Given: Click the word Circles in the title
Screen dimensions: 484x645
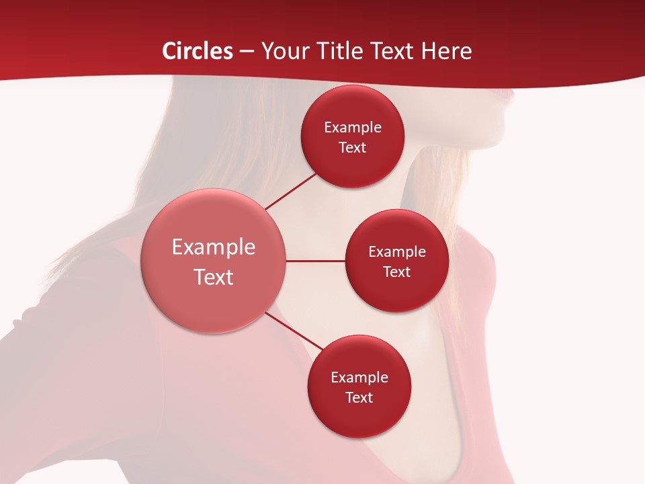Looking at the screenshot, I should (197, 51).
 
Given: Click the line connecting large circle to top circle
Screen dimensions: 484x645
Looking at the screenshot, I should (291, 191).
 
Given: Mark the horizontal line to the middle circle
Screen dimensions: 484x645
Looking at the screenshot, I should (316, 261).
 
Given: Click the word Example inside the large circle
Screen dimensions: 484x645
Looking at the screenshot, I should (214, 247).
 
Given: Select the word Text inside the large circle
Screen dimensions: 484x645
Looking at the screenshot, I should (214, 277).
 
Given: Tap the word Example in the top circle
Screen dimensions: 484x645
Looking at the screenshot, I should (353, 127).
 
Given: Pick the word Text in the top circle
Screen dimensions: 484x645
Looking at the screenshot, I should (353, 147).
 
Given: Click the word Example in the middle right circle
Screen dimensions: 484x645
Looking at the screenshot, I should (396, 251).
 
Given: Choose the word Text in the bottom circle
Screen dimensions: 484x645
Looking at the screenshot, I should (359, 397).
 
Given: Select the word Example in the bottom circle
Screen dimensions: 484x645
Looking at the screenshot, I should (359, 377).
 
